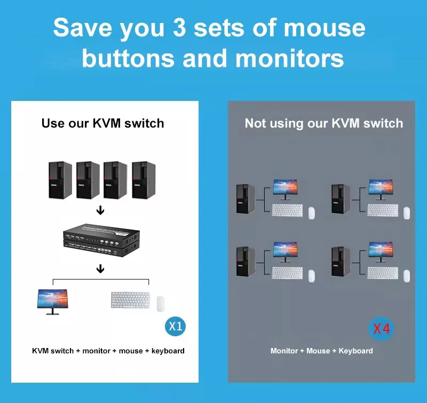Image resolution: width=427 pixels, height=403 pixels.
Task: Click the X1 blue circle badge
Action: point(176,326)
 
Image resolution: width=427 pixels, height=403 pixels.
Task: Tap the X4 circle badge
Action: point(381,329)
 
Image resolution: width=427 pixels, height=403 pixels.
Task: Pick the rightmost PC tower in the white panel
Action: point(142,180)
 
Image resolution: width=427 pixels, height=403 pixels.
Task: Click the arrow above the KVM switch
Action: point(100,211)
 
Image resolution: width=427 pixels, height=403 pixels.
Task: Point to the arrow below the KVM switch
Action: point(100,268)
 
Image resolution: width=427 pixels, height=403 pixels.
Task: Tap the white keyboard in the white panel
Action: point(130,299)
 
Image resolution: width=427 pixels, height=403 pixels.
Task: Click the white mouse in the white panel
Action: point(161,304)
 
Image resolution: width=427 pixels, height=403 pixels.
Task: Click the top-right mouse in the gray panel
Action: point(407,212)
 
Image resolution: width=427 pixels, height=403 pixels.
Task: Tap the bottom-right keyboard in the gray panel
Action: point(382,273)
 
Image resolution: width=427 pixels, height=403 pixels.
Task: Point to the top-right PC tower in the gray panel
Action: point(337,199)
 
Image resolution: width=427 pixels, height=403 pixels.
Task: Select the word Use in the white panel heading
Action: point(53,123)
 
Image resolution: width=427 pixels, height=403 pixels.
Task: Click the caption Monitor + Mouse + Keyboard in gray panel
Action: point(321,351)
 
